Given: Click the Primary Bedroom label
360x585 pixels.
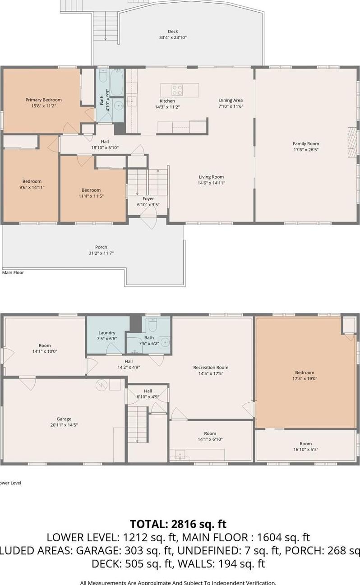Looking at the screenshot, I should pos(43,100).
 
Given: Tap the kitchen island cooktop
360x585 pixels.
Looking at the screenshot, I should pos(177,90).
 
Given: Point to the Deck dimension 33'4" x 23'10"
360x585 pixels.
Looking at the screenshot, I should pos(173,37).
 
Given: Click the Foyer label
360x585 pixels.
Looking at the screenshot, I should pos(148,198).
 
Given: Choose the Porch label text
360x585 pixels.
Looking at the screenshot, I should pos(101,247).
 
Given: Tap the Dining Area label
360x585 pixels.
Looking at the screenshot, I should pos(231,100).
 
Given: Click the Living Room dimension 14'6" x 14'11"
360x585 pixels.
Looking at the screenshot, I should pos(211,183).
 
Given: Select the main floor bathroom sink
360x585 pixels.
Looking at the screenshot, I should pos(119,106).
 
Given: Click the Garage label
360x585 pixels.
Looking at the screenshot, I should pos(64,419).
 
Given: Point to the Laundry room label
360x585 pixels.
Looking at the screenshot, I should pos(107,333).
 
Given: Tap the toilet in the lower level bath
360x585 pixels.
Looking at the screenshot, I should pos(152,324).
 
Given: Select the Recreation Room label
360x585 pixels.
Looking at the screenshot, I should pos(211,367).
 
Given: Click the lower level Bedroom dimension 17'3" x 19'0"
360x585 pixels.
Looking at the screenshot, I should pos(305,378).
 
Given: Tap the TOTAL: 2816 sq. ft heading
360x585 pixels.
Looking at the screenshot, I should pos(178,524).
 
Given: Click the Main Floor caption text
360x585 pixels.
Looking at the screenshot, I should pos(13,272).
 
